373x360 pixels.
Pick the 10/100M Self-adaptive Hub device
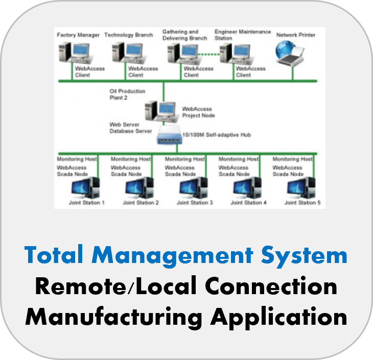click(172, 136)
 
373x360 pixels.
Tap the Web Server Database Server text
click(130, 128)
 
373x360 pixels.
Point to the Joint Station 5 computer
click(301, 187)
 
